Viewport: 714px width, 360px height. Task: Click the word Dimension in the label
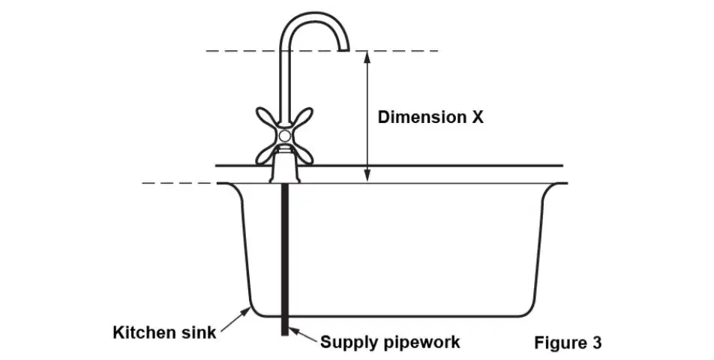point(421,118)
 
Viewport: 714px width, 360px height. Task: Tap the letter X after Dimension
point(476,118)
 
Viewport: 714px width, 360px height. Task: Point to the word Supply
point(347,342)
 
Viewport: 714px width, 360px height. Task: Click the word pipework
point(419,342)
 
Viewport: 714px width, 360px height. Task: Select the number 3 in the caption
point(596,342)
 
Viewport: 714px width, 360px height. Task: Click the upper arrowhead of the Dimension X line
point(368,56)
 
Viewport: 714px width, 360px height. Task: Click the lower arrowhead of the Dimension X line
point(368,177)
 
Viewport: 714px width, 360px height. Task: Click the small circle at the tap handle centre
point(284,136)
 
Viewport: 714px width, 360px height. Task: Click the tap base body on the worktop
point(285,169)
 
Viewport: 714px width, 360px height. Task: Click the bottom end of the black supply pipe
point(285,335)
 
